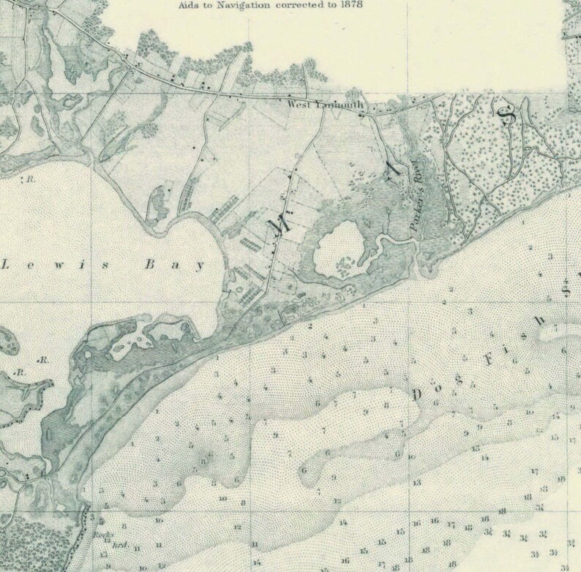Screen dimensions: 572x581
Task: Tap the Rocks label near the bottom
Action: (100, 533)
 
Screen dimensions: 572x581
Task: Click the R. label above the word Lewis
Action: (30, 178)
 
